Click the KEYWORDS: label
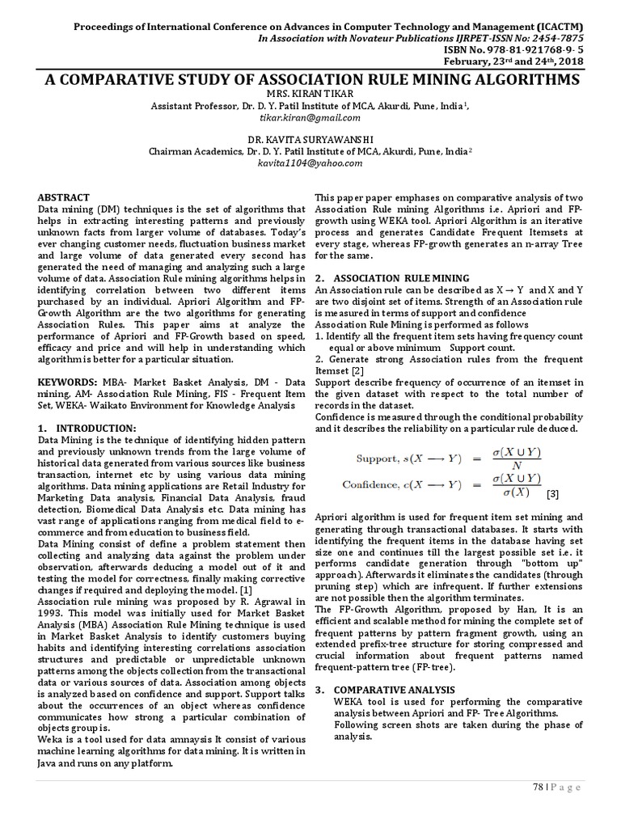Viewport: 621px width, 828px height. [69, 380]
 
